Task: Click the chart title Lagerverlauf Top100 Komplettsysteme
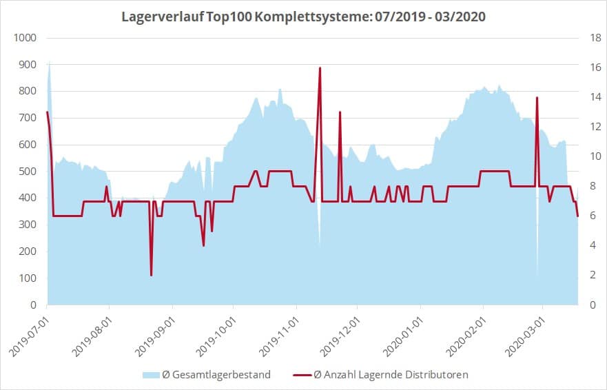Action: click(x=303, y=16)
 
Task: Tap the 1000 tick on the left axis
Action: click(x=25, y=38)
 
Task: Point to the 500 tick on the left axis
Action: click(x=28, y=172)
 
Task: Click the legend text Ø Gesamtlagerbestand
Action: click(x=216, y=375)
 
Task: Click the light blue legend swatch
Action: click(x=150, y=375)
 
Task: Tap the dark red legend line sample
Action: click(x=301, y=375)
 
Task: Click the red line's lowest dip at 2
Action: click(x=152, y=275)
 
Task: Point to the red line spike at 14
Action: click(x=537, y=98)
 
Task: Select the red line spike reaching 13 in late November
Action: click(x=340, y=112)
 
